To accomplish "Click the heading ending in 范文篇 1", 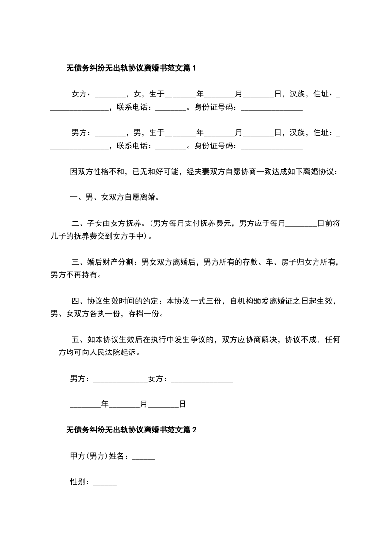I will [x=131, y=68].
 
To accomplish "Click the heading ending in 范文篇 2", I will [x=131, y=429].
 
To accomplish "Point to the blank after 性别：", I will [x=105, y=483].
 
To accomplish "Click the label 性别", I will [x=78, y=482].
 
